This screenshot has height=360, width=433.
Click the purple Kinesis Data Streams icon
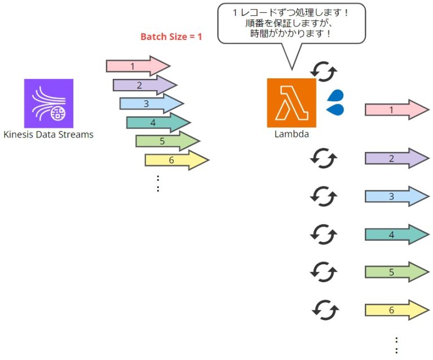click(48, 103)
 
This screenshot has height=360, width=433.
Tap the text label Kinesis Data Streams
click(48, 135)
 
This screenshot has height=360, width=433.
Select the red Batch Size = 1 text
click(171, 38)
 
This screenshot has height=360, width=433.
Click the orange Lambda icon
click(291, 103)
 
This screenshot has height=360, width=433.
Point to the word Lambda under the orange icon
click(291, 134)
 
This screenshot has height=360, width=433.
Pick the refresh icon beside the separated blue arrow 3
click(324, 196)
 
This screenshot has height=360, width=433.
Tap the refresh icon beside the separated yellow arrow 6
click(325, 309)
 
